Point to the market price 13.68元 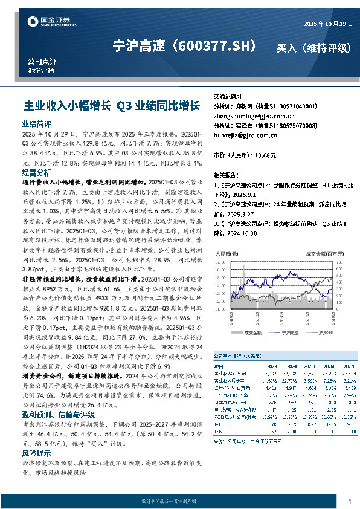pyautogui.click(x=265, y=155)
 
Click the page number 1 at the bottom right pyautogui.click(x=350, y=501)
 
